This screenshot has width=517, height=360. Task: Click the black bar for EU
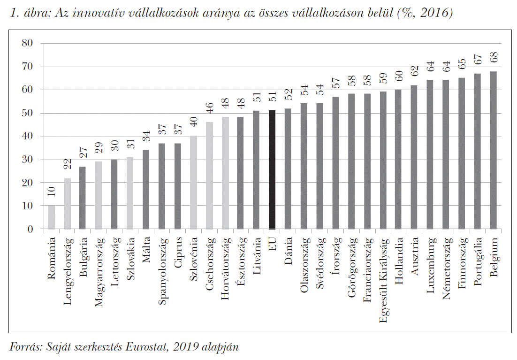click(272, 170)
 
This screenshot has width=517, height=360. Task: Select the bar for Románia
click(52, 217)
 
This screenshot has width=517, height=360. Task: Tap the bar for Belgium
click(493, 150)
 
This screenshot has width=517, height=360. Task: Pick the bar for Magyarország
click(99, 195)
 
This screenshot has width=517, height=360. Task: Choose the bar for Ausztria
click(414, 157)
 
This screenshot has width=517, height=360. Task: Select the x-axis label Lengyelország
click(68, 265)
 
